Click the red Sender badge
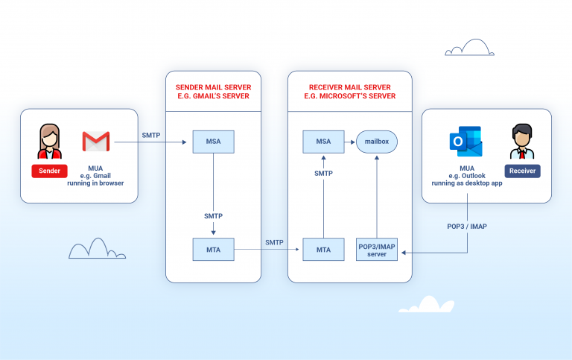(x=50, y=171)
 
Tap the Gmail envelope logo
(x=96, y=141)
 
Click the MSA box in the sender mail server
(x=213, y=140)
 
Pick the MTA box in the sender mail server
(x=213, y=249)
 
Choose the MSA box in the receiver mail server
(x=322, y=140)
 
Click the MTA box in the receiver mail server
(x=323, y=249)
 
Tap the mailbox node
(x=377, y=140)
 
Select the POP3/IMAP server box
(x=377, y=249)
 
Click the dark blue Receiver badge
(x=522, y=171)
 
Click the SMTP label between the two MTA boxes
(x=275, y=243)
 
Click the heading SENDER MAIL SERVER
(x=213, y=86)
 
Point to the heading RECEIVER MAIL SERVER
(x=350, y=86)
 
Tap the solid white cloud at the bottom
(x=426, y=305)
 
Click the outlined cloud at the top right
(x=469, y=48)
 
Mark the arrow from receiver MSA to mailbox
(x=349, y=140)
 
